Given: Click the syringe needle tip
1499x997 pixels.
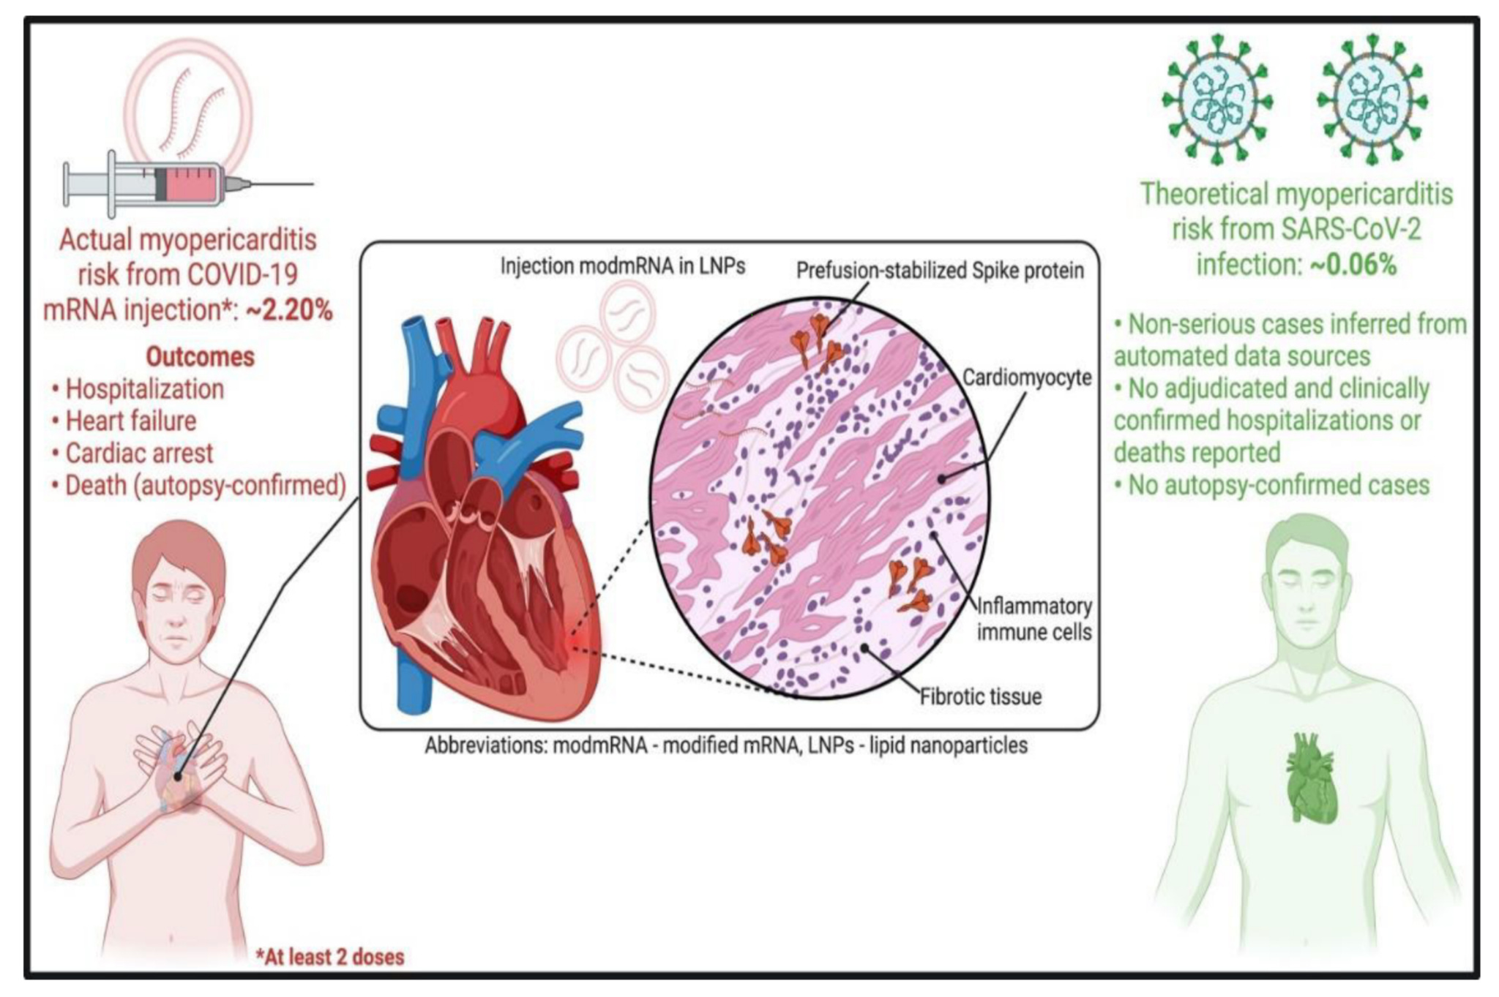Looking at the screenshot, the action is pos(313,184).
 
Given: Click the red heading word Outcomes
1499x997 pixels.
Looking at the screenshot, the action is pos(200,357).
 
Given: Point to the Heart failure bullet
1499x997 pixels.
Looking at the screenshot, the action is pos(131,421).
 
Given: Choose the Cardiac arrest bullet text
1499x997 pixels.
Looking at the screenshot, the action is pos(139,454).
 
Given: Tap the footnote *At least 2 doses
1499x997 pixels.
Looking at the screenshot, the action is pos(330,957).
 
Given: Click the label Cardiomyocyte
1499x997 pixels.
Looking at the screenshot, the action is pos(1026,377).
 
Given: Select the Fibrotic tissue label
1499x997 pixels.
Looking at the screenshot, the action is pos(980,696).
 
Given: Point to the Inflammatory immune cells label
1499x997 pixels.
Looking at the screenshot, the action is pos(1034,619).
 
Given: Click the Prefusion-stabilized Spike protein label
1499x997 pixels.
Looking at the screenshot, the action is pos(940,271).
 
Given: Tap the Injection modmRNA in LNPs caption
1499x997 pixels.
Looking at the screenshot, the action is pos(622,266).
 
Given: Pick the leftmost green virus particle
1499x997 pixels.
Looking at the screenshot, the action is pos(1217,99).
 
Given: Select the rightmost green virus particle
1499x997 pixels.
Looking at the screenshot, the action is pos(1372,99).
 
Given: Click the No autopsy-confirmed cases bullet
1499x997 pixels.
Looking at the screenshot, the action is pos(1278,485).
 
